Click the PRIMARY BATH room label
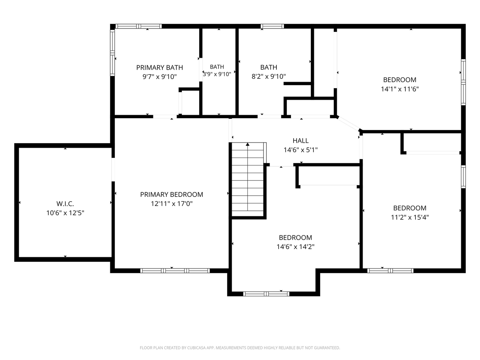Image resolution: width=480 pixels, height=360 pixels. pyautogui.click(x=159, y=67)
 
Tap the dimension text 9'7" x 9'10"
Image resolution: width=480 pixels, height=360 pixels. pyautogui.click(x=159, y=77)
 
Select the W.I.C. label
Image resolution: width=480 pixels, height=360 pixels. pyautogui.click(x=65, y=204)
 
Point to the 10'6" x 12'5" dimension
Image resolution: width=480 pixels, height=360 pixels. pyautogui.click(x=65, y=213)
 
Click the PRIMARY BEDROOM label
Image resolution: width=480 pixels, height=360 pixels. pyautogui.click(x=171, y=194)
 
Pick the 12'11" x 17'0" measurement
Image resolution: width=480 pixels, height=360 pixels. pyautogui.click(x=171, y=204)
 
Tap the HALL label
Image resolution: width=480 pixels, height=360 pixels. pyautogui.click(x=300, y=141)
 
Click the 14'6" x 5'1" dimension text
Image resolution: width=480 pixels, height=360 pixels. pyautogui.click(x=300, y=150)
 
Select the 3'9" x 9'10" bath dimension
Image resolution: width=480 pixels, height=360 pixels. pyautogui.click(x=217, y=74)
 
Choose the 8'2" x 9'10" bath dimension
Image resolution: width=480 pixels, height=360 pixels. pyautogui.click(x=268, y=76)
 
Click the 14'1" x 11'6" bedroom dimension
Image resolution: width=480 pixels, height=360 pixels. pyautogui.click(x=399, y=89)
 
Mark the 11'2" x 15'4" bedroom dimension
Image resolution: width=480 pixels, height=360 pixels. pyautogui.click(x=409, y=217)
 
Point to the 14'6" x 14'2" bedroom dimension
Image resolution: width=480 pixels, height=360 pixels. pyautogui.click(x=295, y=247)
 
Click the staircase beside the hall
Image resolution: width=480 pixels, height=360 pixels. pyautogui.click(x=248, y=180)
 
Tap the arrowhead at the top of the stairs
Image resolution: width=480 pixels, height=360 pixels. pyautogui.click(x=247, y=144)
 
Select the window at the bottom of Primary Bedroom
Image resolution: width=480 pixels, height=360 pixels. pyautogui.click(x=175, y=271)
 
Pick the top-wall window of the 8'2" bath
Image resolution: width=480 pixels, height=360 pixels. pyautogui.click(x=272, y=26)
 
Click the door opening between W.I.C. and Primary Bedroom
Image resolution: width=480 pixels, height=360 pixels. pyautogui.click(x=113, y=169)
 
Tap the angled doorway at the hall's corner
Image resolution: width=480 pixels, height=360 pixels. pyautogui.click(x=349, y=123)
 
